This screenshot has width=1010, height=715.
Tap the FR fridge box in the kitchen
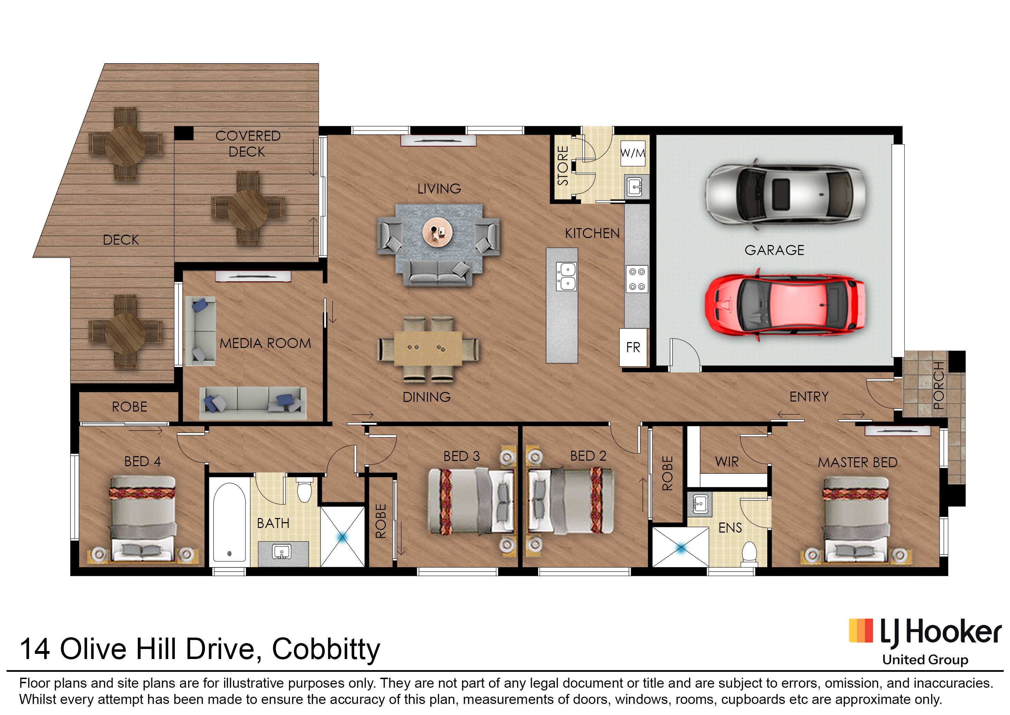point(633,347)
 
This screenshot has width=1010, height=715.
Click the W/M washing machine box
point(633,153)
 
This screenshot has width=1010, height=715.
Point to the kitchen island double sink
point(566,276)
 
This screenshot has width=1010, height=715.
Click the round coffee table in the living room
point(437,232)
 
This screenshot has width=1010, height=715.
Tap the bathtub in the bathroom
point(229,522)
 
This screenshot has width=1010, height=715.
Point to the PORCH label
point(939,385)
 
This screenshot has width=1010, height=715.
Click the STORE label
point(563,166)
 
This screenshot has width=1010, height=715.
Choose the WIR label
point(727,462)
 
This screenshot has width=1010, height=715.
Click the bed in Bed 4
point(142,519)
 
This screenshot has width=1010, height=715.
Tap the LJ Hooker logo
point(925,634)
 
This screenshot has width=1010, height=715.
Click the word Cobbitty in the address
point(326,649)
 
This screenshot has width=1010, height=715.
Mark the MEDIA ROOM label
point(265,344)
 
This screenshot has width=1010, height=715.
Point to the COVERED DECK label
point(248,143)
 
